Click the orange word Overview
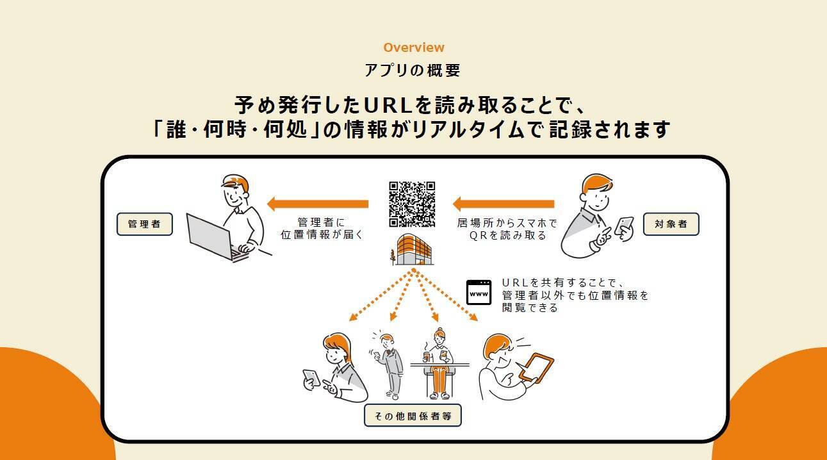[414, 47]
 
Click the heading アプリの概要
[413, 70]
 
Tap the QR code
[412, 204]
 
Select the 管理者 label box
[145, 224]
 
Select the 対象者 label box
[671, 224]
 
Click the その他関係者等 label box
[413, 416]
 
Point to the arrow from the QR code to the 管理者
[318, 204]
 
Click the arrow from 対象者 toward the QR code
[504, 204]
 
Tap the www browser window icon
[479, 292]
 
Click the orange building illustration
[414, 249]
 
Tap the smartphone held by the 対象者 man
[623, 226]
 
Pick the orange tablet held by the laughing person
[536, 368]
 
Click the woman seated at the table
[439, 364]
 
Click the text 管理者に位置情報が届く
[322, 229]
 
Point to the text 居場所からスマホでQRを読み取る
[507, 229]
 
